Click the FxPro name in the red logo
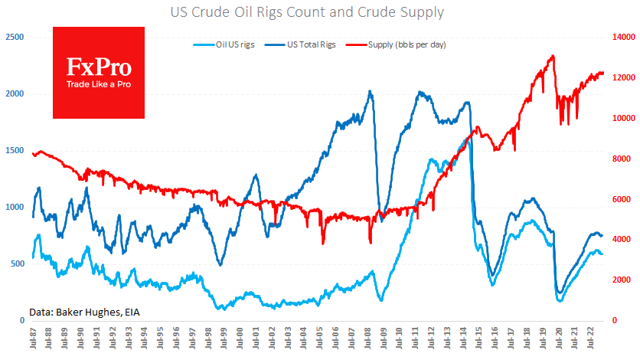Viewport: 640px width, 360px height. [99, 67]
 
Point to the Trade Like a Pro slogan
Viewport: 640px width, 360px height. [99, 84]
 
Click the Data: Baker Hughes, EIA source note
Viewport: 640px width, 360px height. [85, 311]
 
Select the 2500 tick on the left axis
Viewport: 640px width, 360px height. [15, 37]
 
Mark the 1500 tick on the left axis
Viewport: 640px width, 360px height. [15, 150]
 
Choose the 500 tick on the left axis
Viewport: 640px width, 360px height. [17, 263]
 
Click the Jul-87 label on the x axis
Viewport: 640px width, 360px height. [34, 342]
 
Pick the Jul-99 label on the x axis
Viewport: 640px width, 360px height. [224, 342]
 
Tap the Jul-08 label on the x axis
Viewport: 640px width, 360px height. [367, 342]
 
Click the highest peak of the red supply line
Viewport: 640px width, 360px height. [553, 56]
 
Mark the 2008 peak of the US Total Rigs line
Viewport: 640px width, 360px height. [370, 91]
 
